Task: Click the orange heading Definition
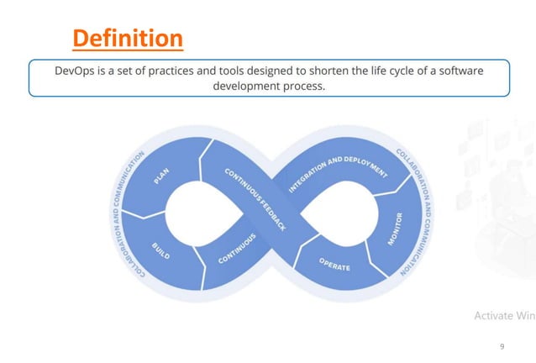(127, 38)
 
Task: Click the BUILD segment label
(162, 250)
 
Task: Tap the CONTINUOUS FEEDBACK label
(255, 199)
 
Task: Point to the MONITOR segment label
(396, 229)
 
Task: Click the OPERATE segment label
(334, 265)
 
